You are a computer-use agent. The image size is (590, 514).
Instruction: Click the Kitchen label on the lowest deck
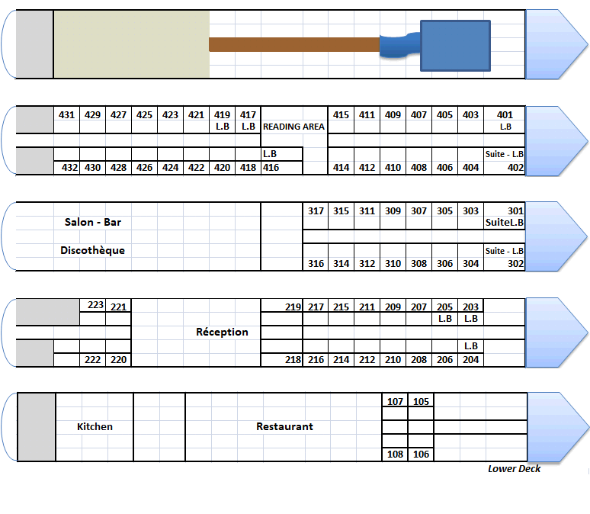coord(95,427)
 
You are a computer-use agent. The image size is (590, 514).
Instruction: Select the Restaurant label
coord(284,427)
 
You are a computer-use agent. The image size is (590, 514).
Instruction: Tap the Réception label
coord(222,332)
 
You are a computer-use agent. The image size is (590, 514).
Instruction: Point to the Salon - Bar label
coord(93,223)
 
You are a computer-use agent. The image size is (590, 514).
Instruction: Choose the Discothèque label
coord(92,250)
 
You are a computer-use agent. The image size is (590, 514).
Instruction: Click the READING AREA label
coord(294,127)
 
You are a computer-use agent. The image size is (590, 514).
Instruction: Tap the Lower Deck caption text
coord(515,468)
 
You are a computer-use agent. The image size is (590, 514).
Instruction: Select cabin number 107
coord(395,402)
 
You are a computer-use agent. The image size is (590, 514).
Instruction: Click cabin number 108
coord(395,455)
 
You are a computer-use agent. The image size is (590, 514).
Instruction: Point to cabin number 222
coord(92,360)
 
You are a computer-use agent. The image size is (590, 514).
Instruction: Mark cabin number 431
coord(66,115)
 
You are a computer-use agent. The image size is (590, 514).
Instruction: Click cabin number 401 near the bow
coord(505,115)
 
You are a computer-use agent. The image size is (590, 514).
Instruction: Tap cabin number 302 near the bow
coord(515,264)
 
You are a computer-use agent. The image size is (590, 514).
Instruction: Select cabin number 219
coord(293,307)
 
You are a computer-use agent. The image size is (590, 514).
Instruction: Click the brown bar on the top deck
coord(294,44)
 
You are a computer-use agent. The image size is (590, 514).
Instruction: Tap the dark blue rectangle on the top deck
coord(455,47)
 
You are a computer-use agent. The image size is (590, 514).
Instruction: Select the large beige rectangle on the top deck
coord(131,44)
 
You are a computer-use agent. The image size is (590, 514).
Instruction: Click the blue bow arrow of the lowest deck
coord(555,427)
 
